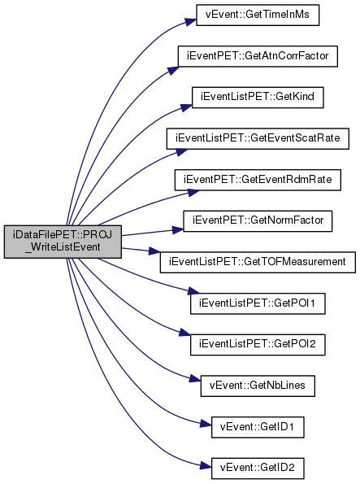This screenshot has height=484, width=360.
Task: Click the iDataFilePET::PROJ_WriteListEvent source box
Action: (63, 242)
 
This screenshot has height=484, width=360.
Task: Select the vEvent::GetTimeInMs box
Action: (258, 15)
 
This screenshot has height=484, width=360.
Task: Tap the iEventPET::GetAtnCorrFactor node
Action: (258, 56)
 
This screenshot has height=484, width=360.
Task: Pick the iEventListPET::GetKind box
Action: (258, 98)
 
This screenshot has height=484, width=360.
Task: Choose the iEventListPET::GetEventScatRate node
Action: (258, 138)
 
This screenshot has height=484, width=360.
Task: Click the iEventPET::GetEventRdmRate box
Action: (258, 180)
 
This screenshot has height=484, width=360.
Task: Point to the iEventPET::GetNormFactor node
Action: (258, 221)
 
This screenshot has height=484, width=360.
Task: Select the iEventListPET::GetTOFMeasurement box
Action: (258, 262)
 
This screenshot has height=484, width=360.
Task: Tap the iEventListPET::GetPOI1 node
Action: (258, 303)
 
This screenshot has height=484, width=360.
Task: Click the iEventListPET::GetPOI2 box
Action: (258, 344)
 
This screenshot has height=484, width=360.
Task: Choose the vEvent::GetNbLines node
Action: (258, 386)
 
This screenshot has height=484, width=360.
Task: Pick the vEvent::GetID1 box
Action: (258, 427)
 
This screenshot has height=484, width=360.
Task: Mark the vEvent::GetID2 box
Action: (258, 469)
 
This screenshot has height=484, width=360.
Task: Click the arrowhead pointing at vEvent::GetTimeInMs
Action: (191, 22)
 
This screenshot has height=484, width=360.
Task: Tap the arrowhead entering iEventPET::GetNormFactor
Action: (178, 229)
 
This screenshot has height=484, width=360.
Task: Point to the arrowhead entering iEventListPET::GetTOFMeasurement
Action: (154, 251)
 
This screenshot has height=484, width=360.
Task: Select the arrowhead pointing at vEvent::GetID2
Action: (206, 466)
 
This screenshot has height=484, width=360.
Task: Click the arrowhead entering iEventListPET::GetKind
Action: (186, 107)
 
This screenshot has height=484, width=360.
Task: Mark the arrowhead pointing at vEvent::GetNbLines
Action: (195, 378)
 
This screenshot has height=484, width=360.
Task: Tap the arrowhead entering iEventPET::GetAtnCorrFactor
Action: (173, 70)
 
